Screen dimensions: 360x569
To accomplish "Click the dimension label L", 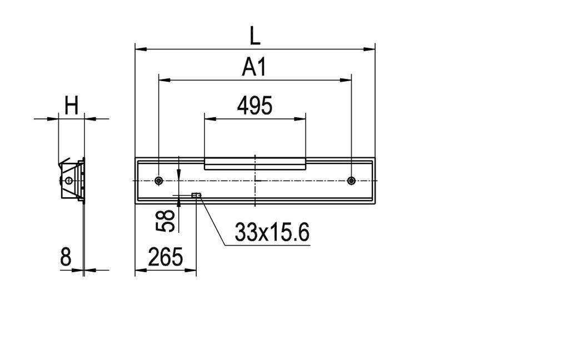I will tap(254, 36).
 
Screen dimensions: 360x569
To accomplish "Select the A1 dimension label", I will tap(254, 67).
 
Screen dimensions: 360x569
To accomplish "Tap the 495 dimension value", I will tap(254, 106).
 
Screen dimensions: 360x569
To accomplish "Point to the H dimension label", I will tap(71, 106).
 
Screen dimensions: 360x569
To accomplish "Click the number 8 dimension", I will tap(66, 257).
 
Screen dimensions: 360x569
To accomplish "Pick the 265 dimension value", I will tap(165, 257).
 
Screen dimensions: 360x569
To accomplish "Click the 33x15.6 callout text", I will tap(272, 233).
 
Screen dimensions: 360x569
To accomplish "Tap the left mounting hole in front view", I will tap(159, 181).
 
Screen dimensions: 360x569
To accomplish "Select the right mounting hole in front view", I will tap(351, 181).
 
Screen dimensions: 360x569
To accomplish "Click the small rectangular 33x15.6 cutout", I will tap(196, 195).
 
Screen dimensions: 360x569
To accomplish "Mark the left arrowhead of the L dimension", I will tap(140, 49).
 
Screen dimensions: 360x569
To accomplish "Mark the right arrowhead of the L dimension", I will tap(370, 49).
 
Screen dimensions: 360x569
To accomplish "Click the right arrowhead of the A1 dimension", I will tap(347, 80).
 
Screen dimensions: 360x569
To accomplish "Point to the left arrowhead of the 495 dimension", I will tap(209, 118).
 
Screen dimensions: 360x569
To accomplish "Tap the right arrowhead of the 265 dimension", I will tap(192, 271).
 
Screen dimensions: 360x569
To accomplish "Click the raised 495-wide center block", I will tap(254, 163).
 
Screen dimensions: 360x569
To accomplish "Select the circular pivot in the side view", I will tap(68, 181).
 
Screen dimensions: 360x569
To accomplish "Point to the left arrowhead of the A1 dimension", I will tap(163, 80).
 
